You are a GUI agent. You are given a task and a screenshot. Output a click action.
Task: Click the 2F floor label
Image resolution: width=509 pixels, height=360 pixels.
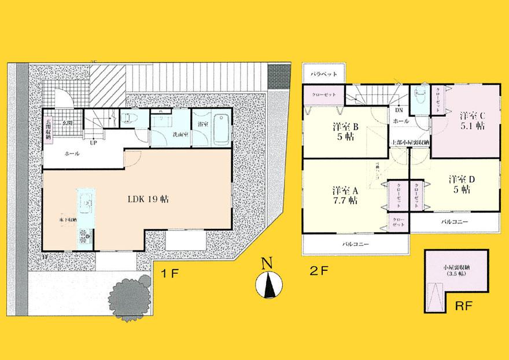[319, 271]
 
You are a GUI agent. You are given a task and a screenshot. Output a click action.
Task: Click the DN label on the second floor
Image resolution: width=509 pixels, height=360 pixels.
[399, 110]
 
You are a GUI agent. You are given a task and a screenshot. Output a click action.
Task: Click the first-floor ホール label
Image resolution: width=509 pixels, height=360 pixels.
[72, 154]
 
